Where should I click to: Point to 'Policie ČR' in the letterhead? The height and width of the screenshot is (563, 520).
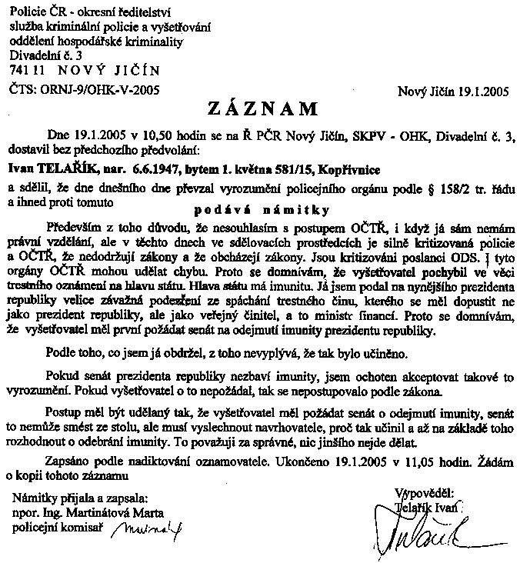(x=35, y=10)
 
